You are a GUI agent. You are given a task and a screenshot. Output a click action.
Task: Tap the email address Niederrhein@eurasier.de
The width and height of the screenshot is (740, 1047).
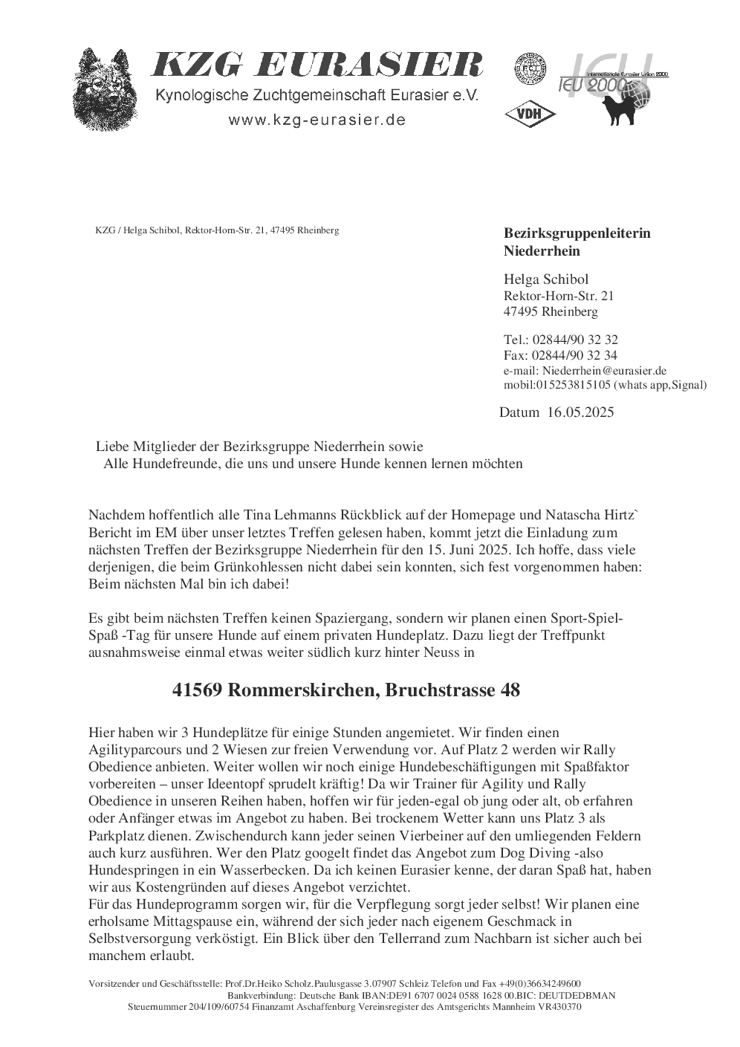604,370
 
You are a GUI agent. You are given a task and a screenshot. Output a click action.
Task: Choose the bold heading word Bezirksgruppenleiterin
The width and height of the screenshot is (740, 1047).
577,233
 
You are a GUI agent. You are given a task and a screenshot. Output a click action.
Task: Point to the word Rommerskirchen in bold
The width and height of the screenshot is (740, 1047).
305,690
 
